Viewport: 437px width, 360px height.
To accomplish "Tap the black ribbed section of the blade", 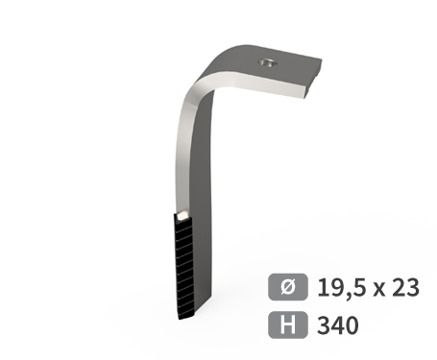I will [x=183, y=264].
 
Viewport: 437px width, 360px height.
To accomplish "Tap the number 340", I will [x=336, y=325].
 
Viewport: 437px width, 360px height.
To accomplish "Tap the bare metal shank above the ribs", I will [x=189, y=163].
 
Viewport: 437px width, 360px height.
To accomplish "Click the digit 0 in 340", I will [x=351, y=325].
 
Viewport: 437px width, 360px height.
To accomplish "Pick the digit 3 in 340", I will [x=323, y=325].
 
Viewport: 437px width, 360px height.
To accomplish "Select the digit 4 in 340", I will [x=336, y=325].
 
